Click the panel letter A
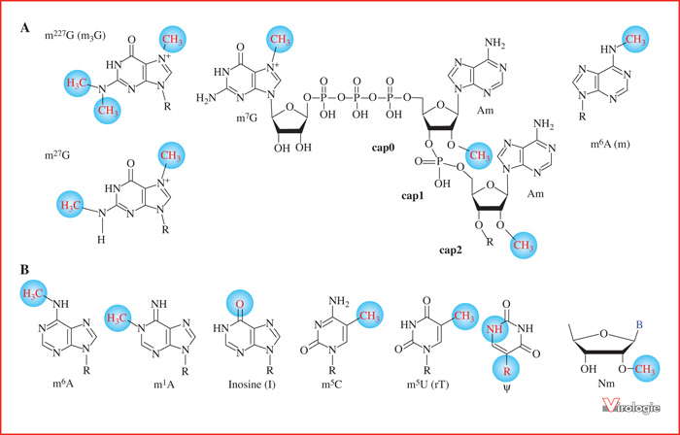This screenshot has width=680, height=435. pyautogui.click(x=24, y=28)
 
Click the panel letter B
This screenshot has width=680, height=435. pyautogui.click(x=24, y=270)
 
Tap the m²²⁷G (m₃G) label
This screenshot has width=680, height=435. pyautogui.click(x=76, y=36)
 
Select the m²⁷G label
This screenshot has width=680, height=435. pyautogui.click(x=57, y=155)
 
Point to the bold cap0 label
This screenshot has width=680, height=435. pyautogui.click(x=383, y=148)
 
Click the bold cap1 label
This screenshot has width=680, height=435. pyautogui.click(x=412, y=196)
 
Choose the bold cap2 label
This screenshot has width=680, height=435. pyautogui.click(x=450, y=251)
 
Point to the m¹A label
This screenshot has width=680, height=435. pyautogui.click(x=158, y=385)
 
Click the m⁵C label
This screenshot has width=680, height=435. pyautogui.click(x=332, y=385)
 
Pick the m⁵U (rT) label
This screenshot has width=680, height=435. pyautogui.click(x=425, y=384)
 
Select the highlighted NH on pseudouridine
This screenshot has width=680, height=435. pyautogui.click(x=494, y=329)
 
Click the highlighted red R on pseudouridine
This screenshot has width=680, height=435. pyautogui.click(x=505, y=371)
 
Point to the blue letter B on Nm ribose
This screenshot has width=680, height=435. pyautogui.click(x=639, y=323)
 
